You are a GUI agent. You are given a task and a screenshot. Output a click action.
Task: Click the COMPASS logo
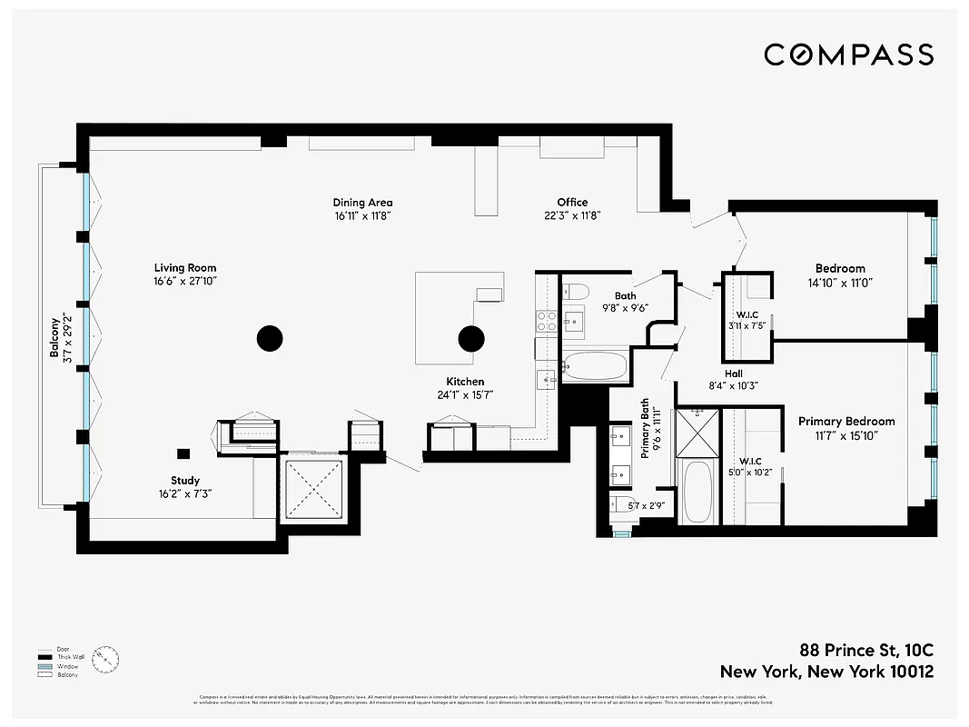tap(848, 55)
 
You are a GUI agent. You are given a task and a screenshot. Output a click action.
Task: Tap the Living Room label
tap(185, 268)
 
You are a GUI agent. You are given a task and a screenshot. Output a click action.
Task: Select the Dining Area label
tap(362, 203)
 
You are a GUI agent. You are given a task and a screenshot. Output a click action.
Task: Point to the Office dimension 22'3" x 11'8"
tap(572, 215)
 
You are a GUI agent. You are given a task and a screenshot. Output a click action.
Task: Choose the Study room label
tap(185, 481)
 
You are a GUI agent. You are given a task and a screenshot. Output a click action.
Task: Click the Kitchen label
tap(464, 382)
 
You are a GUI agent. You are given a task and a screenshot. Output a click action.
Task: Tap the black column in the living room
tap(269, 339)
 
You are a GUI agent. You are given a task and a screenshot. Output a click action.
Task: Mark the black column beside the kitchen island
tap(470, 339)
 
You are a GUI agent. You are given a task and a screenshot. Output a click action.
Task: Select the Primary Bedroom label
tap(846, 421)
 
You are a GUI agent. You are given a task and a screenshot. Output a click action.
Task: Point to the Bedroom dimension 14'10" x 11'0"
tap(840, 282)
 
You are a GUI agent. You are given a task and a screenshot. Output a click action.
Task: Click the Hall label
tap(733, 373)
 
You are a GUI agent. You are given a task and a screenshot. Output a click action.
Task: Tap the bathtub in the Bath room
tap(594, 367)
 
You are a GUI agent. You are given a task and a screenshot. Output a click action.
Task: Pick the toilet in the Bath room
tap(576, 292)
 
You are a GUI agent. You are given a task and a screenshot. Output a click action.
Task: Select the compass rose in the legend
tap(106, 659)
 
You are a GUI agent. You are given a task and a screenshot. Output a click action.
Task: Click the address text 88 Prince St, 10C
tap(866, 651)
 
